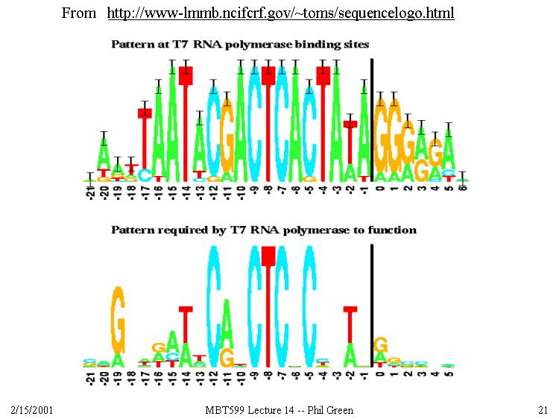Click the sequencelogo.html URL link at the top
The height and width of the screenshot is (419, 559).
click(280, 13)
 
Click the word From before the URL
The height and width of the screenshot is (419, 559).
click(78, 13)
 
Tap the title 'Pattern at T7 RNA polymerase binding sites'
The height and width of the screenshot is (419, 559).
click(240, 45)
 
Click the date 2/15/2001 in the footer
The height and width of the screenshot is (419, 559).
click(31, 410)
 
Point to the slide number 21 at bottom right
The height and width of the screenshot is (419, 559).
click(542, 410)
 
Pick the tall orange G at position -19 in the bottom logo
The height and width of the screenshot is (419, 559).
click(117, 321)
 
